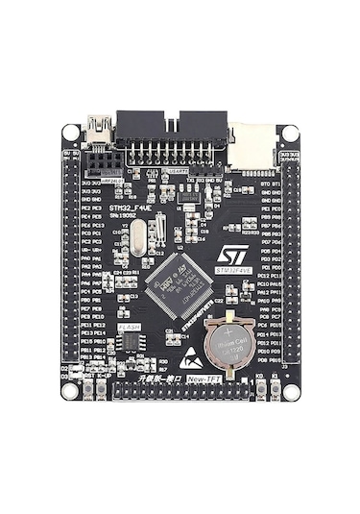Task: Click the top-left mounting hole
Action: pos(70,133)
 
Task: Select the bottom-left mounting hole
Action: pos(70,391)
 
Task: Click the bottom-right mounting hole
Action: pos(290,391)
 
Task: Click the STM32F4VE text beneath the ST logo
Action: pos(233,272)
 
